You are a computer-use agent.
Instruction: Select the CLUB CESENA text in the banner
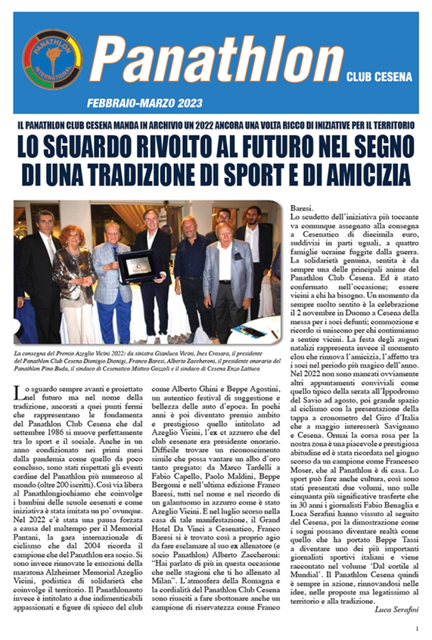click(379, 77)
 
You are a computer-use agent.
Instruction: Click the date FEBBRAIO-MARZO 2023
click(145, 103)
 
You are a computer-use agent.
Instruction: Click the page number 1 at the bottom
click(417, 628)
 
